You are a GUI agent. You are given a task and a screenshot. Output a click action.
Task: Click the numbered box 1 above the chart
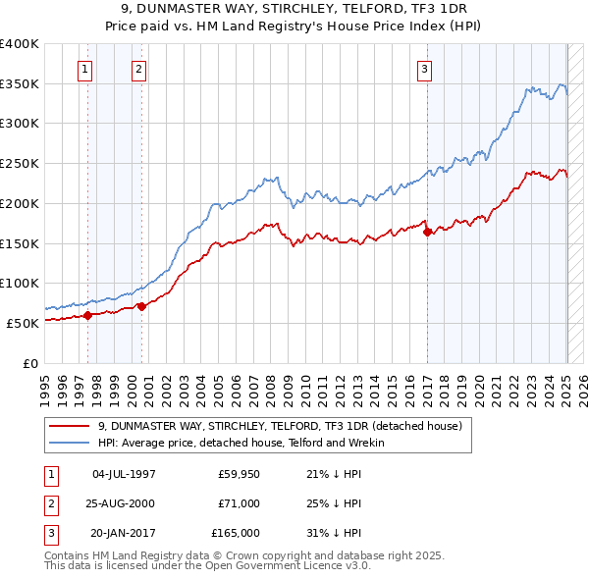[x=86, y=69]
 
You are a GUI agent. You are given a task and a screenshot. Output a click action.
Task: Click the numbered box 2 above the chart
[x=139, y=69]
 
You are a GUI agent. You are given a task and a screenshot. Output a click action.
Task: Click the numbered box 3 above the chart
[x=424, y=69]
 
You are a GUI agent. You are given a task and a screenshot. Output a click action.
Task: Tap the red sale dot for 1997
[x=87, y=315]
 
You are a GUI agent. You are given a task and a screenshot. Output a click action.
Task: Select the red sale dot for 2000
[x=141, y=306]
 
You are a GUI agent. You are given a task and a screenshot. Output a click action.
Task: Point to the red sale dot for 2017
[x=427, y=232]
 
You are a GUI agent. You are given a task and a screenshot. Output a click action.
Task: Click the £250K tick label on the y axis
[x=20, y=163]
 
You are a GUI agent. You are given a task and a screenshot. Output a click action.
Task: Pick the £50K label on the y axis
[x=24, y=322]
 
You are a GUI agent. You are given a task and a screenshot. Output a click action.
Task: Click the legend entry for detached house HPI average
[x=241, y=443]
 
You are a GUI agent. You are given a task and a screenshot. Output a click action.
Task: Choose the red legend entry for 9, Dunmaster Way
[x=286, y=426]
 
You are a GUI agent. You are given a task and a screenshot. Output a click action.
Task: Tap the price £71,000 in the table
[x=240, y=503]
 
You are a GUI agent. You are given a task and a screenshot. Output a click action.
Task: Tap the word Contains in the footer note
[x=68, y=555]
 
